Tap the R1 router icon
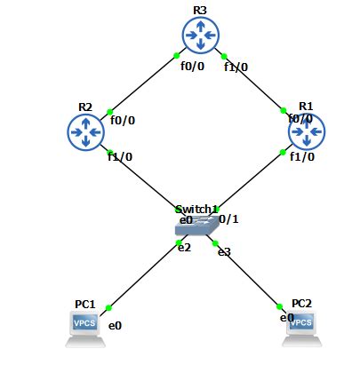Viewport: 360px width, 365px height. [308, 132]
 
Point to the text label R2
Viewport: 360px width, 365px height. [85, 107]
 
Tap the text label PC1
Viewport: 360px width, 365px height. [85, 304]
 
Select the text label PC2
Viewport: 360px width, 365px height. [302, 303]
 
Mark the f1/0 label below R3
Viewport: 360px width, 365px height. [236, 66]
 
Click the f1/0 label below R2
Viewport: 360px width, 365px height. [120, 157]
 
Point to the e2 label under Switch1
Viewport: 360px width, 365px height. [184, 247]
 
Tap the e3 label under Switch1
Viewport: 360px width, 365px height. [224, 252]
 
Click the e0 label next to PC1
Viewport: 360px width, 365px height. [115, 326]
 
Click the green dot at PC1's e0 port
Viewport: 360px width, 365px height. [108, 308]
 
